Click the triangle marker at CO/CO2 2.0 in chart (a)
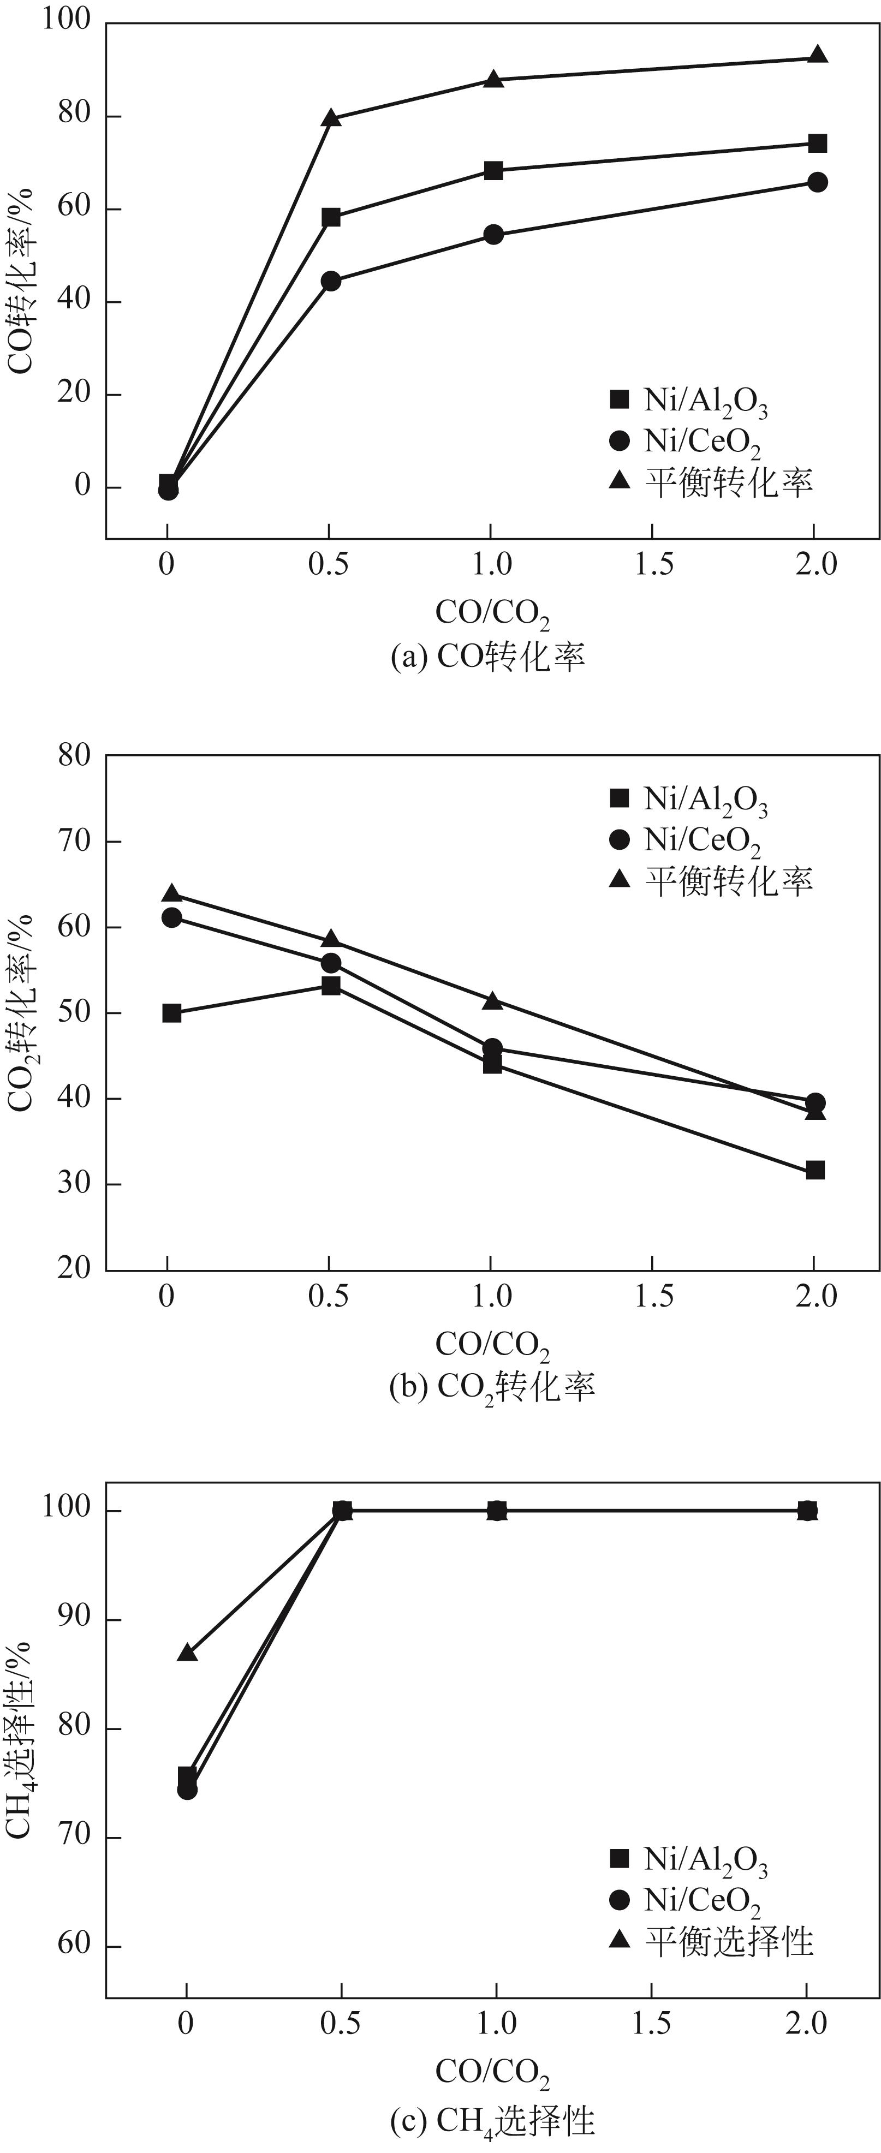[x=818, y=57]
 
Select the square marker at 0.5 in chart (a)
[x=331, y=217]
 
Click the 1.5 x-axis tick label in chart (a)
[x=653, y=564]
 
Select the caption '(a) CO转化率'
[x=487, y=656]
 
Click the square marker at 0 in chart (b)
[x=171, y=1013]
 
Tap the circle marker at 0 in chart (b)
[x=171, y=917]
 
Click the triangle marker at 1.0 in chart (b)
[x=493, y=1000]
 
